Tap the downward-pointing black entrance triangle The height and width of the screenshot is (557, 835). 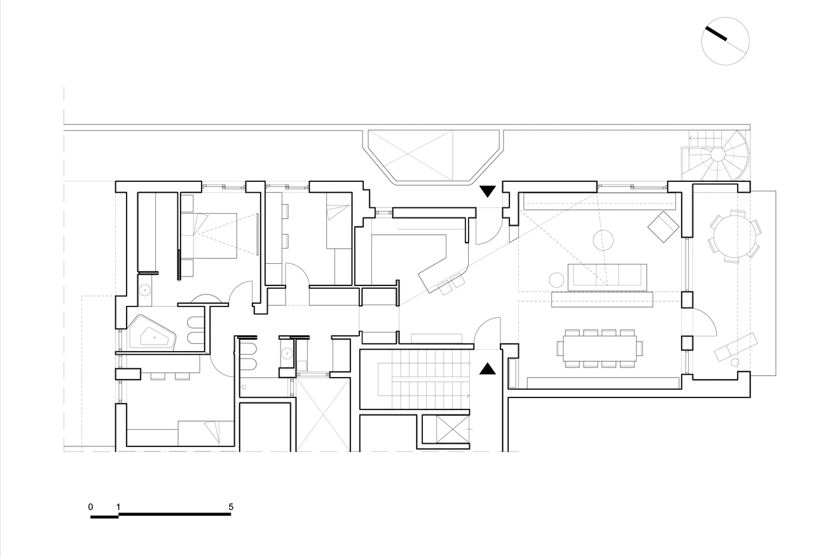pos(488,191)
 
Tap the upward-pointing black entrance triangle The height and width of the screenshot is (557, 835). pos(488,369)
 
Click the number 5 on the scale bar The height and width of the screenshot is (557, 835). pos(231,507)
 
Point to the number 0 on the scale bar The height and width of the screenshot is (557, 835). pos(90,507)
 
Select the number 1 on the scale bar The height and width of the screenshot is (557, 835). pos(118,507)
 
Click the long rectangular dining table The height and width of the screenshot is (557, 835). pos(600,348)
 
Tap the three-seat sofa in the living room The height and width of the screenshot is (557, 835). pos(607,277)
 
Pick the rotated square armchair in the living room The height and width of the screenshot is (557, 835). pos(663,226)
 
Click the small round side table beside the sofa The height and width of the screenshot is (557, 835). pos(556,280)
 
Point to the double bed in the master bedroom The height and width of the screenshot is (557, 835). pos(215,236)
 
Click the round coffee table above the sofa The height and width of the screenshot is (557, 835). pos(603,240)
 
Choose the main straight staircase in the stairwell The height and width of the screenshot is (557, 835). pos(424,380)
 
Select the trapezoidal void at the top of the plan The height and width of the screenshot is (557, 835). pos(434,156)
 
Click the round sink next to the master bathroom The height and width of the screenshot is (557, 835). pos(145,290)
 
